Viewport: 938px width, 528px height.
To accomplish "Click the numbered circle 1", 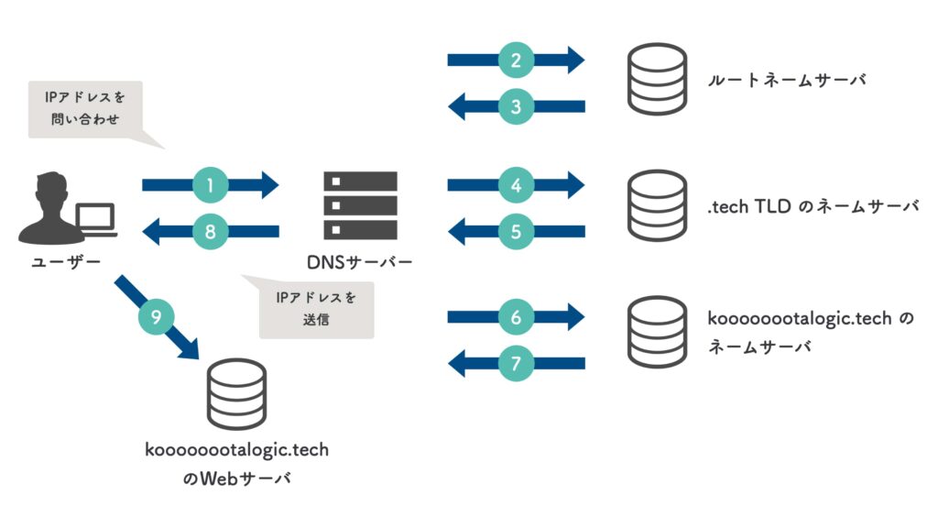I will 210,186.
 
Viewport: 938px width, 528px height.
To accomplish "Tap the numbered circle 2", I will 516,60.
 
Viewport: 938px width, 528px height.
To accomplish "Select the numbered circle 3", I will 516,106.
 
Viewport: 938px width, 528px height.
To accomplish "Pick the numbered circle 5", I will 516,232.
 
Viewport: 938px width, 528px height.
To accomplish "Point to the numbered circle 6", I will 516,318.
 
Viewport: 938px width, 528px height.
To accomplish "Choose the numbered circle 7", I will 516,363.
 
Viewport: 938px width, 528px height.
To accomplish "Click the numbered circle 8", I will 210,232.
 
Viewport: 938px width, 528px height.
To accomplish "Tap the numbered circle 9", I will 155,318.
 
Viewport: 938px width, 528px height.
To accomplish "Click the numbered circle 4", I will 516,186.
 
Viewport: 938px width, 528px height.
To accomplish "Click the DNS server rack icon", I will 360,205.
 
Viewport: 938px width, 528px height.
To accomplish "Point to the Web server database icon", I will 235,394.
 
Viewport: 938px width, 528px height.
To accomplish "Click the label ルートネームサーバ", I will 786,80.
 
